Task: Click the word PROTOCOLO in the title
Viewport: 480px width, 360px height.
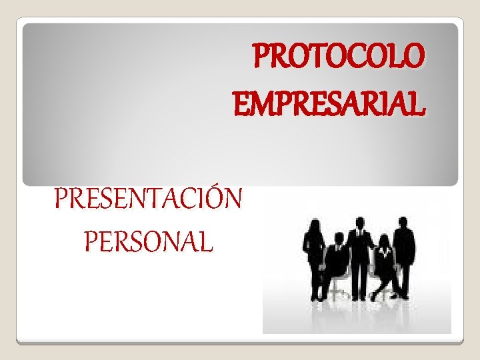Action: point(338,57)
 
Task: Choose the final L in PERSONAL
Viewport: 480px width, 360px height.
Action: point(206,241)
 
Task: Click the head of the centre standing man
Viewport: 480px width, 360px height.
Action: point(360,223)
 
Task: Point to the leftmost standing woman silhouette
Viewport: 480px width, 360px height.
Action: point(313,257)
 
